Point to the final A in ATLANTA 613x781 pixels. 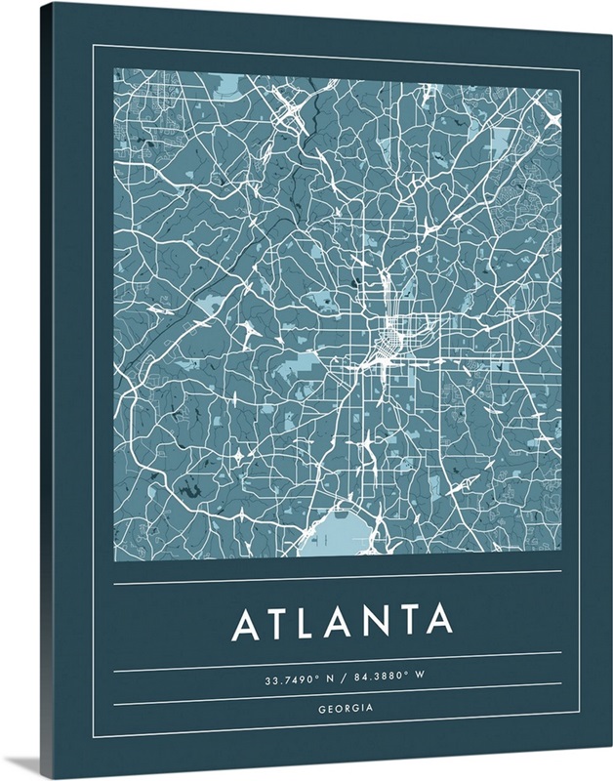point(439,623)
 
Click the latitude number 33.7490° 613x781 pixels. point(289,678)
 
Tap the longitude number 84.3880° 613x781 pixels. point(382,678)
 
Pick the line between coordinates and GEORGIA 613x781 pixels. point(338,694)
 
